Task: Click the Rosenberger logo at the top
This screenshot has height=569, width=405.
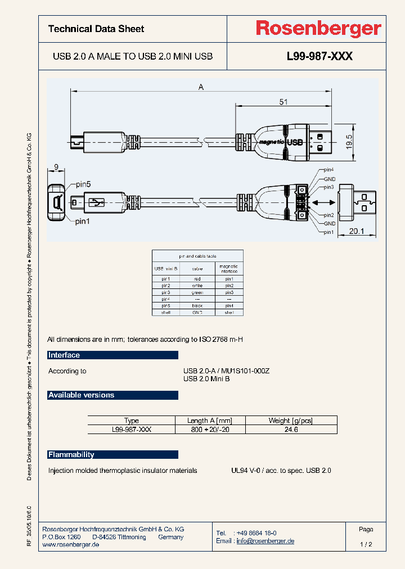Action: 318,29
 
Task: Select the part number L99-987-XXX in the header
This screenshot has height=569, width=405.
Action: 319,56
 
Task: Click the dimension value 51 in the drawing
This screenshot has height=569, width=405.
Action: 283,102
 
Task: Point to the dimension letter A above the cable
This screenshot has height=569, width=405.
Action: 201,87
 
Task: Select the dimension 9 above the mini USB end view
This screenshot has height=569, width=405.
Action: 56,166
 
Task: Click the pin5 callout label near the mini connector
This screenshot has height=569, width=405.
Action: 83,184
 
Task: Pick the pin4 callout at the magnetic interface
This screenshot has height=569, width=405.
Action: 328,170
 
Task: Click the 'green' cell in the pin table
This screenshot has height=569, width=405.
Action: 197,292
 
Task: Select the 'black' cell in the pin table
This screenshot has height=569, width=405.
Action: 197,305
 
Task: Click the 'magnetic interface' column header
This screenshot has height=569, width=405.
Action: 228,269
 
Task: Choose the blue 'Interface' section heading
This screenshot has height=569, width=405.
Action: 64,355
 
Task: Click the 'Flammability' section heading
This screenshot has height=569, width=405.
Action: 71,454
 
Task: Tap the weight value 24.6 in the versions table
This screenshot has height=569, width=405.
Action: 291,429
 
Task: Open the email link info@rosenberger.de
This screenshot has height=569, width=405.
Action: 265,541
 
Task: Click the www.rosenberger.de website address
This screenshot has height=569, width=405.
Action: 71,545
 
